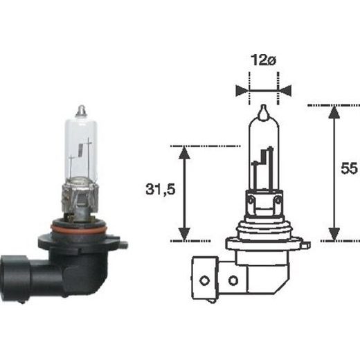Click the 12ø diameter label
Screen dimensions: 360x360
263,60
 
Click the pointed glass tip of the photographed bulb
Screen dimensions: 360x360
81,109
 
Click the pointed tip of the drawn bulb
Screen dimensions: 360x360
263,110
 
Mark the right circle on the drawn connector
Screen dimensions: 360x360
233,280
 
